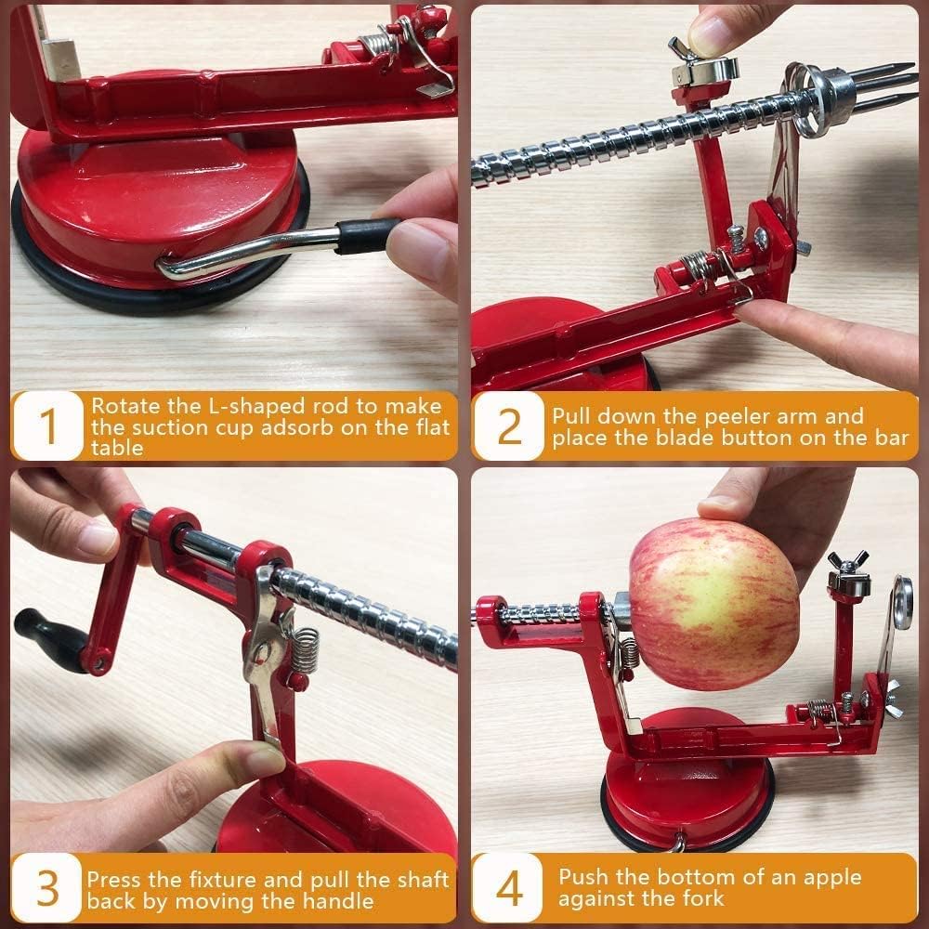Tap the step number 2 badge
click(x=509, y=425)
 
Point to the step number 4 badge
click(x=509, y=889)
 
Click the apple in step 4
click(x=713, y=604)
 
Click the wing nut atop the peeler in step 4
click(x=848, y=561)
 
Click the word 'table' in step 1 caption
click(x=117, y=447)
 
